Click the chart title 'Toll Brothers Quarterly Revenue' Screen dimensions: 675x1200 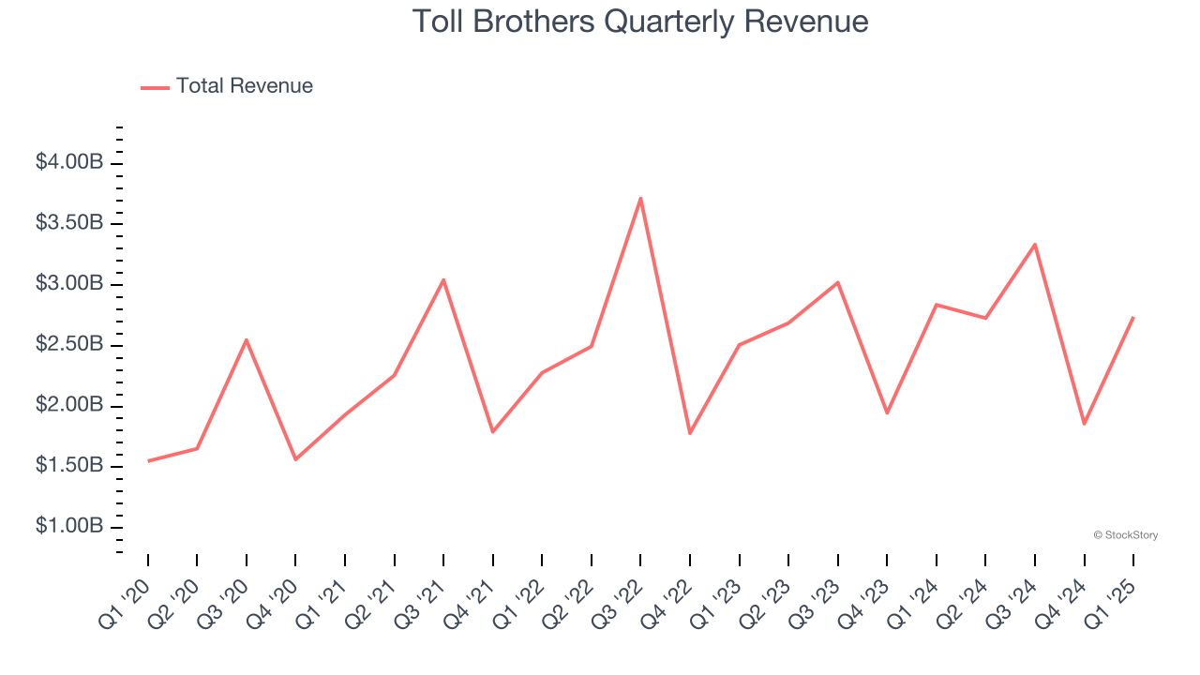coord(640,21)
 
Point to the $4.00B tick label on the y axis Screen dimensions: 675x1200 coord(69,163)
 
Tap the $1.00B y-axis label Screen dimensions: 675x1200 coord(69,527)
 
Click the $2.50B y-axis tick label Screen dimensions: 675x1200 coord(69,345)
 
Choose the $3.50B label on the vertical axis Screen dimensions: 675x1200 coord(69,223)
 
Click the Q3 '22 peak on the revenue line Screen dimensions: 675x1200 coord(640,198)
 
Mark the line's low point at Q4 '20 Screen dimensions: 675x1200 coord(295,459)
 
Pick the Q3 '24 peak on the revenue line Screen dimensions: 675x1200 coord(1034,245)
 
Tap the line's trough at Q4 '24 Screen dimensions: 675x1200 coord(1084,424)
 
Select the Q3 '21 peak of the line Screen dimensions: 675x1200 coord(443,279)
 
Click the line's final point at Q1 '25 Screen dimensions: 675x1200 coord(1132,318)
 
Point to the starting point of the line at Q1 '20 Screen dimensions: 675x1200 coord(148,460)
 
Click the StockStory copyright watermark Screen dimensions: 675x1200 coord(1125,535)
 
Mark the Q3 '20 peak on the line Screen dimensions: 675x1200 coord(247,339)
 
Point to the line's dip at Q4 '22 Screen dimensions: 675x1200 coord(690,433)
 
